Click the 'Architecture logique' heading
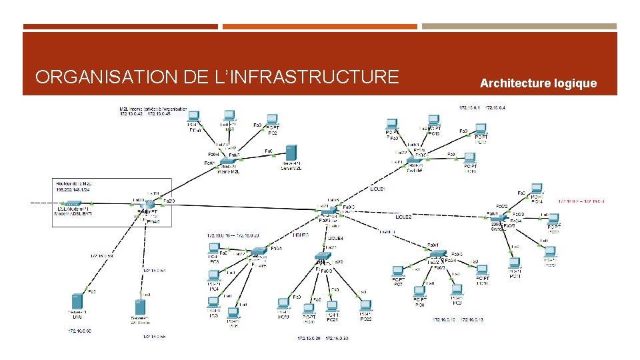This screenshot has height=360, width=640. point(538,83)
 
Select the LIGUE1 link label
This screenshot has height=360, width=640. point(377,189)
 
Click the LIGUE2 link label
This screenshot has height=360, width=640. point(403,217)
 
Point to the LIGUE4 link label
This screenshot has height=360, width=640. point(335,238)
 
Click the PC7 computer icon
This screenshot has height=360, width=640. point(398,272)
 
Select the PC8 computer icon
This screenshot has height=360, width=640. point(419,292)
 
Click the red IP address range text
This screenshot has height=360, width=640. point(581,200)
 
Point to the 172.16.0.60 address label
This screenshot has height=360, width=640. point(79,330)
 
